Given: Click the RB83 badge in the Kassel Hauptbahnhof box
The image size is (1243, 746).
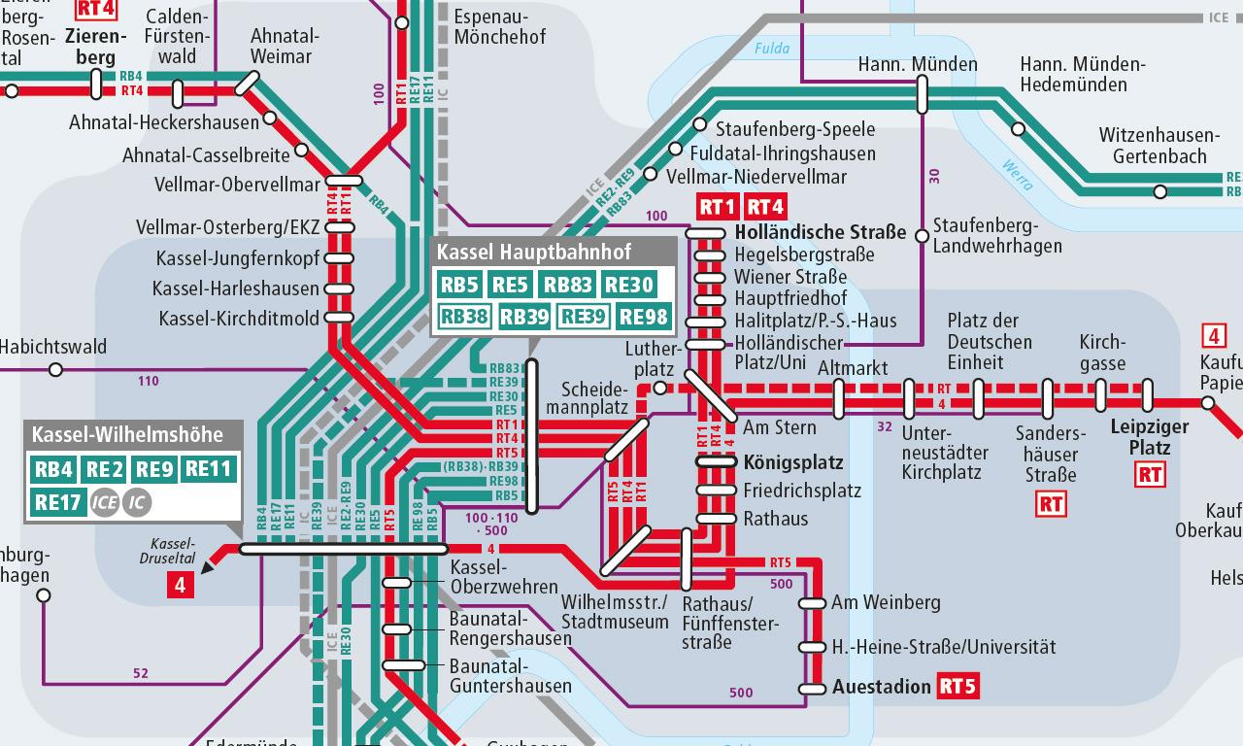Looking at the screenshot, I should (568, 285).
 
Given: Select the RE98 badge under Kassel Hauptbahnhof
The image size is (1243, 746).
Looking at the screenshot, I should (644, 316).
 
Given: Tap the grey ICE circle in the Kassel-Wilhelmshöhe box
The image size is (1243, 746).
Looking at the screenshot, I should (104, 502).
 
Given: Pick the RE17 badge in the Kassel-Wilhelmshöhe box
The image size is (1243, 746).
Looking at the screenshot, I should (56, 502).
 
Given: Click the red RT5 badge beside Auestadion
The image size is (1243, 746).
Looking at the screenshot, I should (957, 687).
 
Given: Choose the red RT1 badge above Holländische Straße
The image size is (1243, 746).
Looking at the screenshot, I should (718, 206).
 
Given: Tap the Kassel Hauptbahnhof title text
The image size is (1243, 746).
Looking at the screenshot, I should (533, 253).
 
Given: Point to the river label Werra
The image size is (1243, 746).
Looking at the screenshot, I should (1017, 174).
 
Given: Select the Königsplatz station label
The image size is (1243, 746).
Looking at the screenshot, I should (793, 462).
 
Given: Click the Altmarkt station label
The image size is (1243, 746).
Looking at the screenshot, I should (853, 369).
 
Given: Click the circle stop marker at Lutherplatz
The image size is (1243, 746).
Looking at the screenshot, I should (659, 389).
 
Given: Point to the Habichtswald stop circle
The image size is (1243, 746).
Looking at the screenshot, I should (55, 369).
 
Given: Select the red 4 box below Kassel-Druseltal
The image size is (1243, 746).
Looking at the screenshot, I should (180, 584).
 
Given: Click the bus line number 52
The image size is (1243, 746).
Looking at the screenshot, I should (141, 673).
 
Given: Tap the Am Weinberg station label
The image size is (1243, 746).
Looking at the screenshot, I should (886, 602).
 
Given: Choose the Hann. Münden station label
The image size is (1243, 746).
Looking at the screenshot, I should (918, 64).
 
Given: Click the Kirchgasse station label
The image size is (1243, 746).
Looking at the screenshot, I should (1102, 353).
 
